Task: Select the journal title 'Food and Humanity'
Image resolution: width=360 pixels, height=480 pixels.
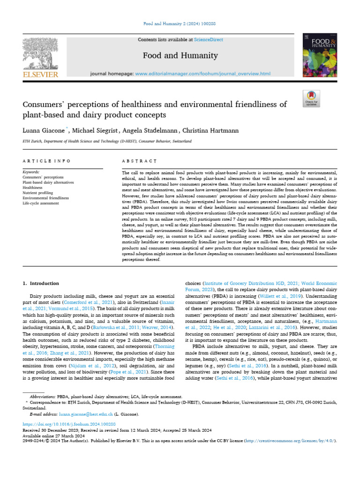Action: pos(180,56)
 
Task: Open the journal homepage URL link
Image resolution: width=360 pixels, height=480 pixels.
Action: pos(202,74)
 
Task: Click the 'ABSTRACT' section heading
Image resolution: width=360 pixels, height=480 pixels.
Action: pos(139,161)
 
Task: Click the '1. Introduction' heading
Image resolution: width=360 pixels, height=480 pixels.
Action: pos(41,284)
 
